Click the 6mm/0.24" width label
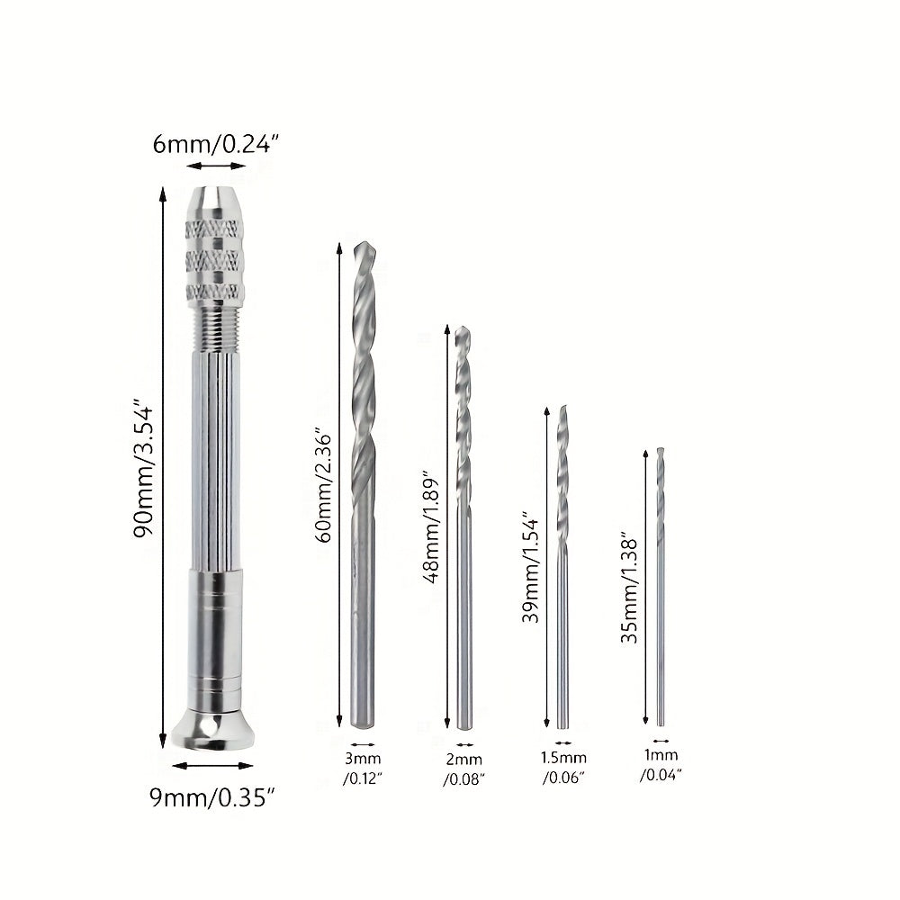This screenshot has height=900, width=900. (x=215, y=144)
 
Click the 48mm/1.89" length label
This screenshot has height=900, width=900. (x=431, y=527)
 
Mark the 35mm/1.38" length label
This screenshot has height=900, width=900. (x=630, y=591)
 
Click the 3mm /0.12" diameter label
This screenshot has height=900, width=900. (x=363, y=768)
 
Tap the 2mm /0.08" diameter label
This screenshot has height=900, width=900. (x=463, y=769)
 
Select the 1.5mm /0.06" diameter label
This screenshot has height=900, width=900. (x=563, y=768)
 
